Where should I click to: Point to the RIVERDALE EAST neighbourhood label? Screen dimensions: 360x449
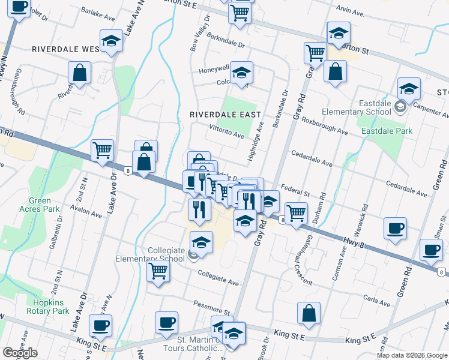pos(225,114)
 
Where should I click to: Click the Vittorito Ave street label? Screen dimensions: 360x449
pos(226,132)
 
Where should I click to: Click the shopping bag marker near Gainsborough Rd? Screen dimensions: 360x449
pos(80,73)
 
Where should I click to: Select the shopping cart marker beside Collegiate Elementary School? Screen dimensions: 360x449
pos(158,271)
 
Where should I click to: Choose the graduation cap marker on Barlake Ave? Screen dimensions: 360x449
pos(111,41)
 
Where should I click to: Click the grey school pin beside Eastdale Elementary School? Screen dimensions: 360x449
pos(400,107)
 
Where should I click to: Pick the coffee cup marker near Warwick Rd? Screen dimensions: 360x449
pos(395,229)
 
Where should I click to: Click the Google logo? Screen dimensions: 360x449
pos(20,353)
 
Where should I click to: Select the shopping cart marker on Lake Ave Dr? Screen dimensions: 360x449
pos(103,149)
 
